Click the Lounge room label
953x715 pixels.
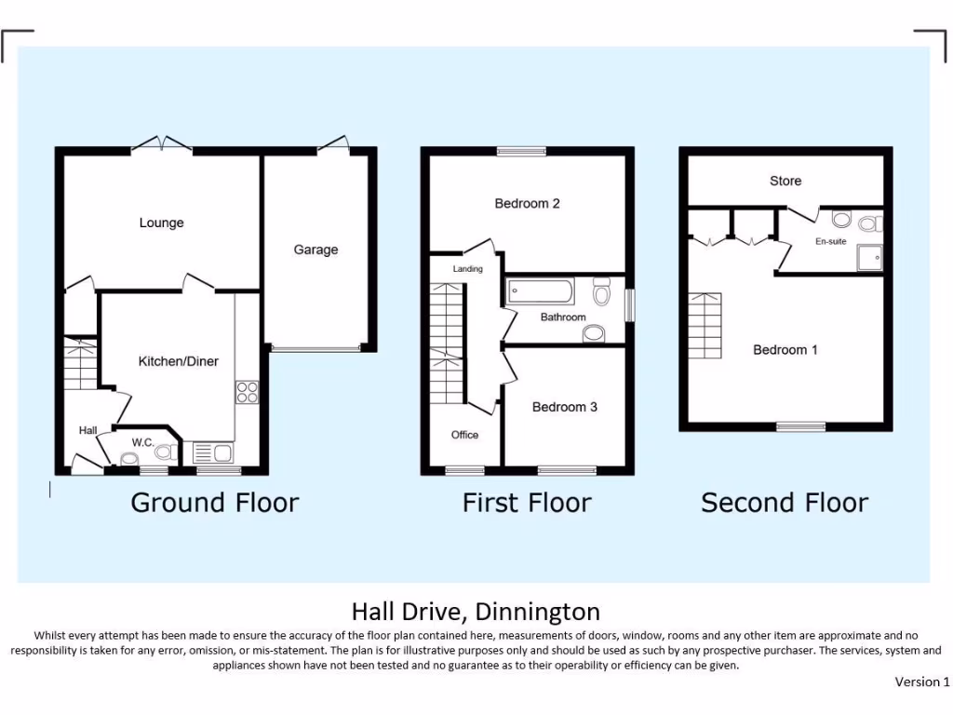click(x=161, y=223)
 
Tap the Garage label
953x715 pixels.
click(x=315, y=250)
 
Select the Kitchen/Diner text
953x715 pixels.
click(x=178, y=361)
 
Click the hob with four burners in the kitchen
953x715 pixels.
click(x=247, y=392)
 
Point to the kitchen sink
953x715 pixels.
click(x=213, y=453)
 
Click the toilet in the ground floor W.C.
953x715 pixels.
click(x=165, y=452)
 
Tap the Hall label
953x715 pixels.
click(x=87, y=430)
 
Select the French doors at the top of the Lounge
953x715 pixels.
click(x=161, y=144)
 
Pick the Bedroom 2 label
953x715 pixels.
click(x=527, y=204)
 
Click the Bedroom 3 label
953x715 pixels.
click(x=564, y=407)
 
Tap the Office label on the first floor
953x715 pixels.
click(x=464, y=435)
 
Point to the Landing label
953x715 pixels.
click(x=467, y=269)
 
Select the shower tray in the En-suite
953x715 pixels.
click(x=869, y=258)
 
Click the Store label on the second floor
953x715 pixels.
click(x=785, y=181)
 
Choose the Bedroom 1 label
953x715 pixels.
click(x=785, y=350)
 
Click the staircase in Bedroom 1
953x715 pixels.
click(x=705, y=325)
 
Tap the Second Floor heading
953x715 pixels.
click(x=784, y=504)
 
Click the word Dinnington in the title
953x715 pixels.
click(x=537, y=612)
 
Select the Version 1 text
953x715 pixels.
click(x=921, y=682)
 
